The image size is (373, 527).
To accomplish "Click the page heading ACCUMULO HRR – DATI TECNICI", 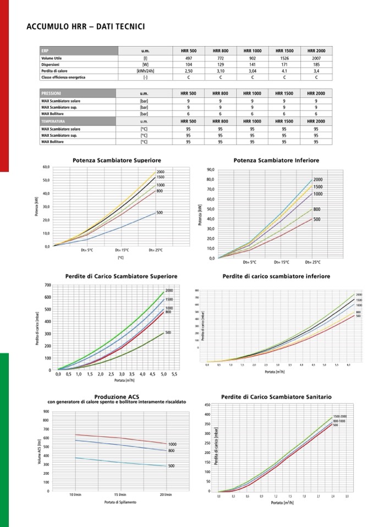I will click(x=85, y=26).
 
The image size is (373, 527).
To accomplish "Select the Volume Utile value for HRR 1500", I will click(x=284, y=58).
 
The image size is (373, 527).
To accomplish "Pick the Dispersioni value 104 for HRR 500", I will click(x=188, y=64).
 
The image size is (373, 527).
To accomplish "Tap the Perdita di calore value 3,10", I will click(x=220, y=71).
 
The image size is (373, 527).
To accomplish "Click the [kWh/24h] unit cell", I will click(x=145, y=71).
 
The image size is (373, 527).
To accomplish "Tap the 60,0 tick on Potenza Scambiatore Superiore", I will click(x=46, y=167).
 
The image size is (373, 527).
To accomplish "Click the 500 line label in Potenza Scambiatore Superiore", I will click(x=160, y=212).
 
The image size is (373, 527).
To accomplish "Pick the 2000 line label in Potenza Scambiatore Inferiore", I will click(x=317, y=180).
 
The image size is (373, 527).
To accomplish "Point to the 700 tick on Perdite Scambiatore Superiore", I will click(x=48, y=285).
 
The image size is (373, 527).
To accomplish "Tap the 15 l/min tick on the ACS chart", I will click(x=120, y=495).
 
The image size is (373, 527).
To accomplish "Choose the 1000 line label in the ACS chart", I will click(x=172, y=444).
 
